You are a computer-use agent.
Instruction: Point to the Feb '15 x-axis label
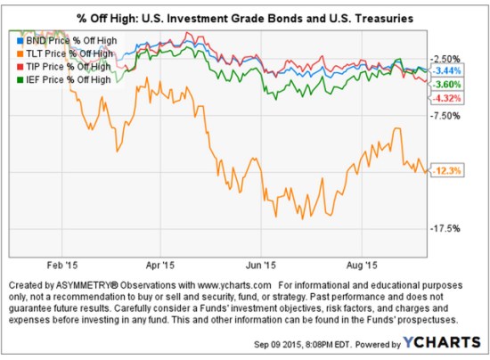(x=61, y=265)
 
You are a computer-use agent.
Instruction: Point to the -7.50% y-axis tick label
(x=446, y=115)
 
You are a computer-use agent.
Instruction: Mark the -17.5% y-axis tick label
(x=446, y=228)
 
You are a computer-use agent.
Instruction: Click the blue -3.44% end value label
(x=445, y=70)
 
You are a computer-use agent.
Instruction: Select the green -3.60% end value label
(x=445, y=84)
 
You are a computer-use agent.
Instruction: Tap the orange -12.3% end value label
(x=445, y=170)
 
